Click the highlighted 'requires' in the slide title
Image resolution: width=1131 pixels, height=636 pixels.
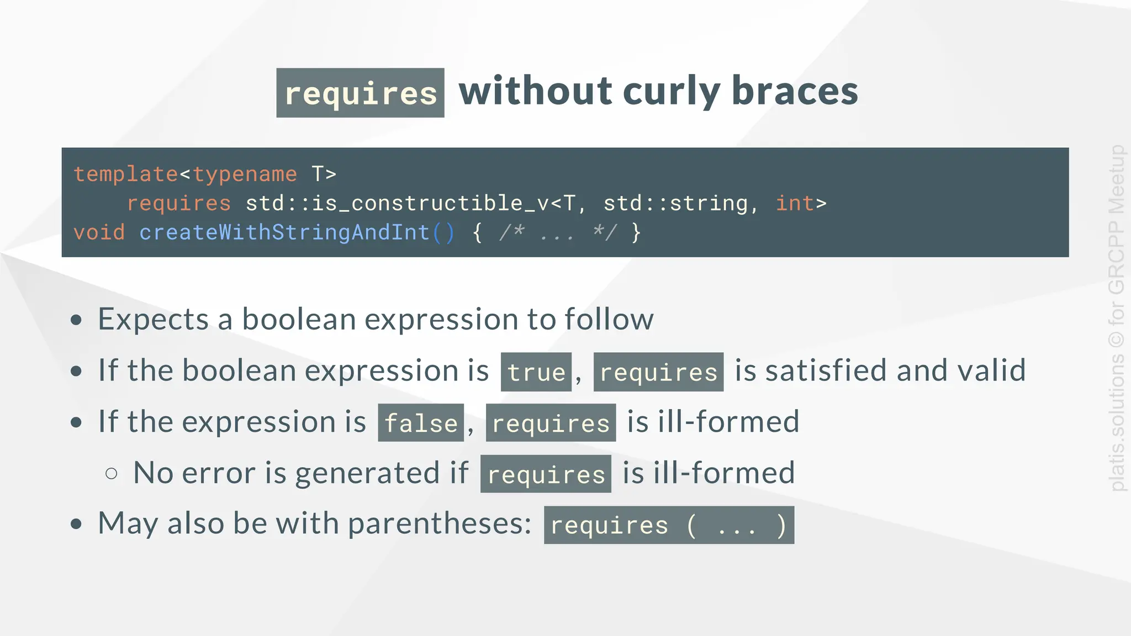click(360, 93)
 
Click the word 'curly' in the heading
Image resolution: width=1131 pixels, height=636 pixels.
click(671, 92)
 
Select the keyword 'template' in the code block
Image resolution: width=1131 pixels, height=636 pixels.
click(126, 174)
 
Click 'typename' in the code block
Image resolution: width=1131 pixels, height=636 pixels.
click(245, 174)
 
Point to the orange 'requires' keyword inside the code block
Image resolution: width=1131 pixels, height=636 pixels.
click(179, 204)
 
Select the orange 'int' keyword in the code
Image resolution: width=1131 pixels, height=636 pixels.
click(795, 204)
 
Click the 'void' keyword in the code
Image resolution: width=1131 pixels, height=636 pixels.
click(99, 232)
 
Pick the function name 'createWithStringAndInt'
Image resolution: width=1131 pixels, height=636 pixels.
click(284, 232)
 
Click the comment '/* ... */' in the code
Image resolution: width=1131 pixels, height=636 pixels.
click(557, 232)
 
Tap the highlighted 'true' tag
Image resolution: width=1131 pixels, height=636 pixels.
click(536, 372)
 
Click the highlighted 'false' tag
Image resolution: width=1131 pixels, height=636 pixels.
click(421, 423)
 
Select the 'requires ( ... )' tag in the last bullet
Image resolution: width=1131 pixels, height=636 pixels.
click(669, 525)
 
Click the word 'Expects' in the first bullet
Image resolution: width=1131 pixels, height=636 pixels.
click(153, 319)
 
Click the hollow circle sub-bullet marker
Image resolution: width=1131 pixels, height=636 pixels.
click(111, 473)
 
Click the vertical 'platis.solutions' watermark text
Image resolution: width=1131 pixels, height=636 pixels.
click(1117, 420)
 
